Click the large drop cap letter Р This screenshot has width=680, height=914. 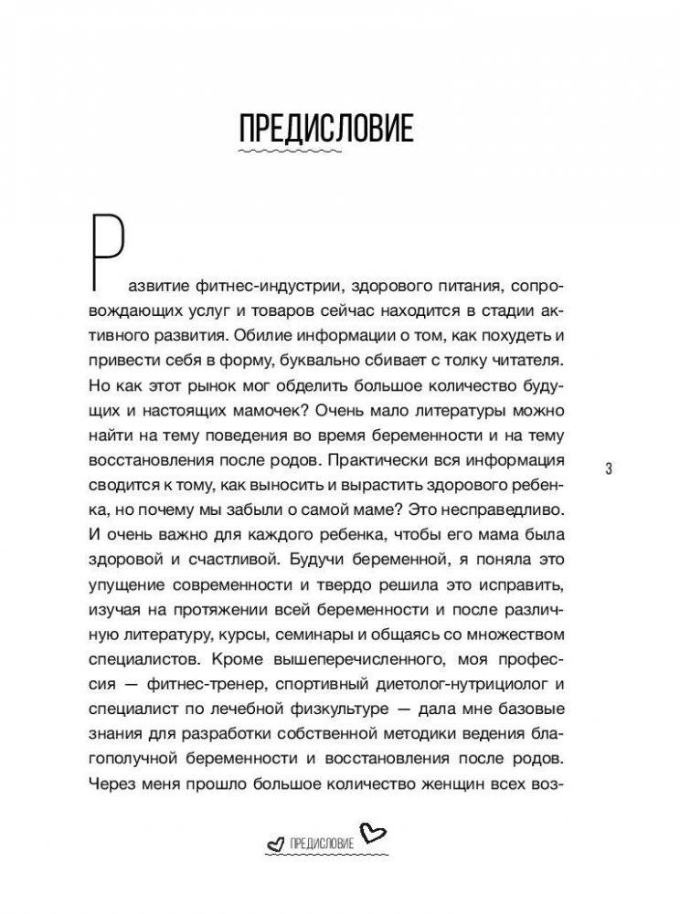pyautogui.click(x=108, y=247)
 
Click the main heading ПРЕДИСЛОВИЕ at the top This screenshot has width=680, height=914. pyautogui.click(x=325, y=129)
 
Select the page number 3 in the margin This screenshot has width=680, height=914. pyautogui.click(x=609, y=468)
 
